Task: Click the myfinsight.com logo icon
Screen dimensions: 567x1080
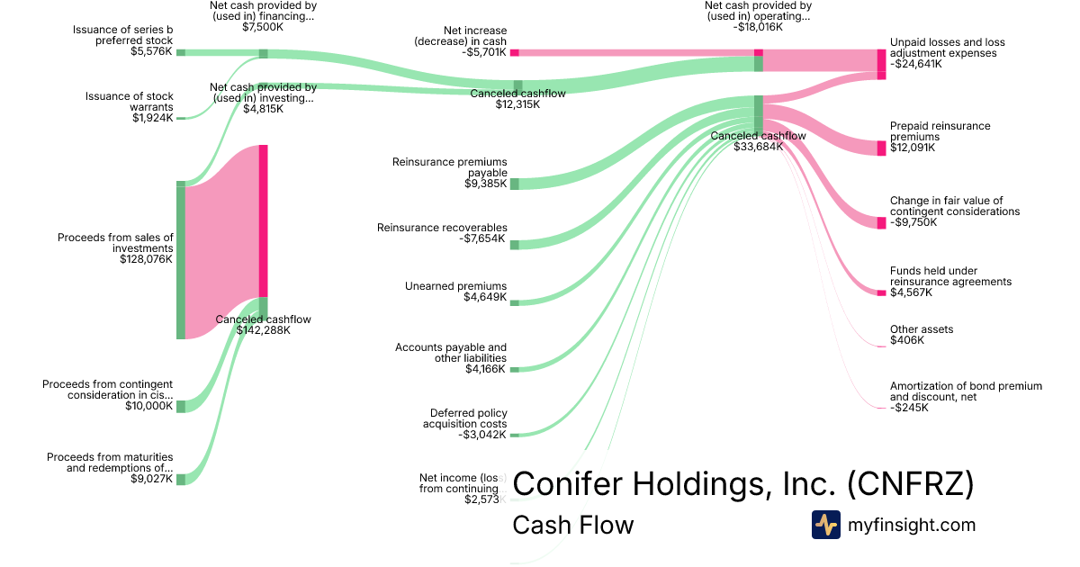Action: [826, 525]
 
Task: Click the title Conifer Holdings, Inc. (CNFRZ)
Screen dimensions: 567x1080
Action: [742, 484]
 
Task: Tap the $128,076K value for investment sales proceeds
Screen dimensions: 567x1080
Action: [146, 259]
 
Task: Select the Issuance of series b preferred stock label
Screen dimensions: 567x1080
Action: [123, 35]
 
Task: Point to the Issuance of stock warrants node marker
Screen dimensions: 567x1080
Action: [180, 117]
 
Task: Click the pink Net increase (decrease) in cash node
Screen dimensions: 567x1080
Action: [515, 53]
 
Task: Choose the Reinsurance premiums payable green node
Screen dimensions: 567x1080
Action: [515, 184]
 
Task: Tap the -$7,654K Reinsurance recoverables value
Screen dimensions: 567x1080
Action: [482, 239]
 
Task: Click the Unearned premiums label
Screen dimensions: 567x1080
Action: [455, 286]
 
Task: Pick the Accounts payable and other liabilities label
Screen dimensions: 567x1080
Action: [451, 353]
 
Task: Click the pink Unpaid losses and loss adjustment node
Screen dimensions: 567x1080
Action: [882, 63]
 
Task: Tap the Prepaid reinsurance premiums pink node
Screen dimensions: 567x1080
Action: [882, 148]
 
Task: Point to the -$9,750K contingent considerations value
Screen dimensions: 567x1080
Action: [916, 222]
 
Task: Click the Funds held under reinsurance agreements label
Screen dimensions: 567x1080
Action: [950, 276]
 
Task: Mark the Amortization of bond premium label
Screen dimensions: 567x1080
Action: [966, 391]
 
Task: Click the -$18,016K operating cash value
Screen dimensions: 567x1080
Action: [757, 27]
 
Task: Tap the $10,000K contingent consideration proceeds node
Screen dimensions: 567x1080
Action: [180, 406]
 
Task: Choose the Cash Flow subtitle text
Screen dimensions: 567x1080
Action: [572, 525]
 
